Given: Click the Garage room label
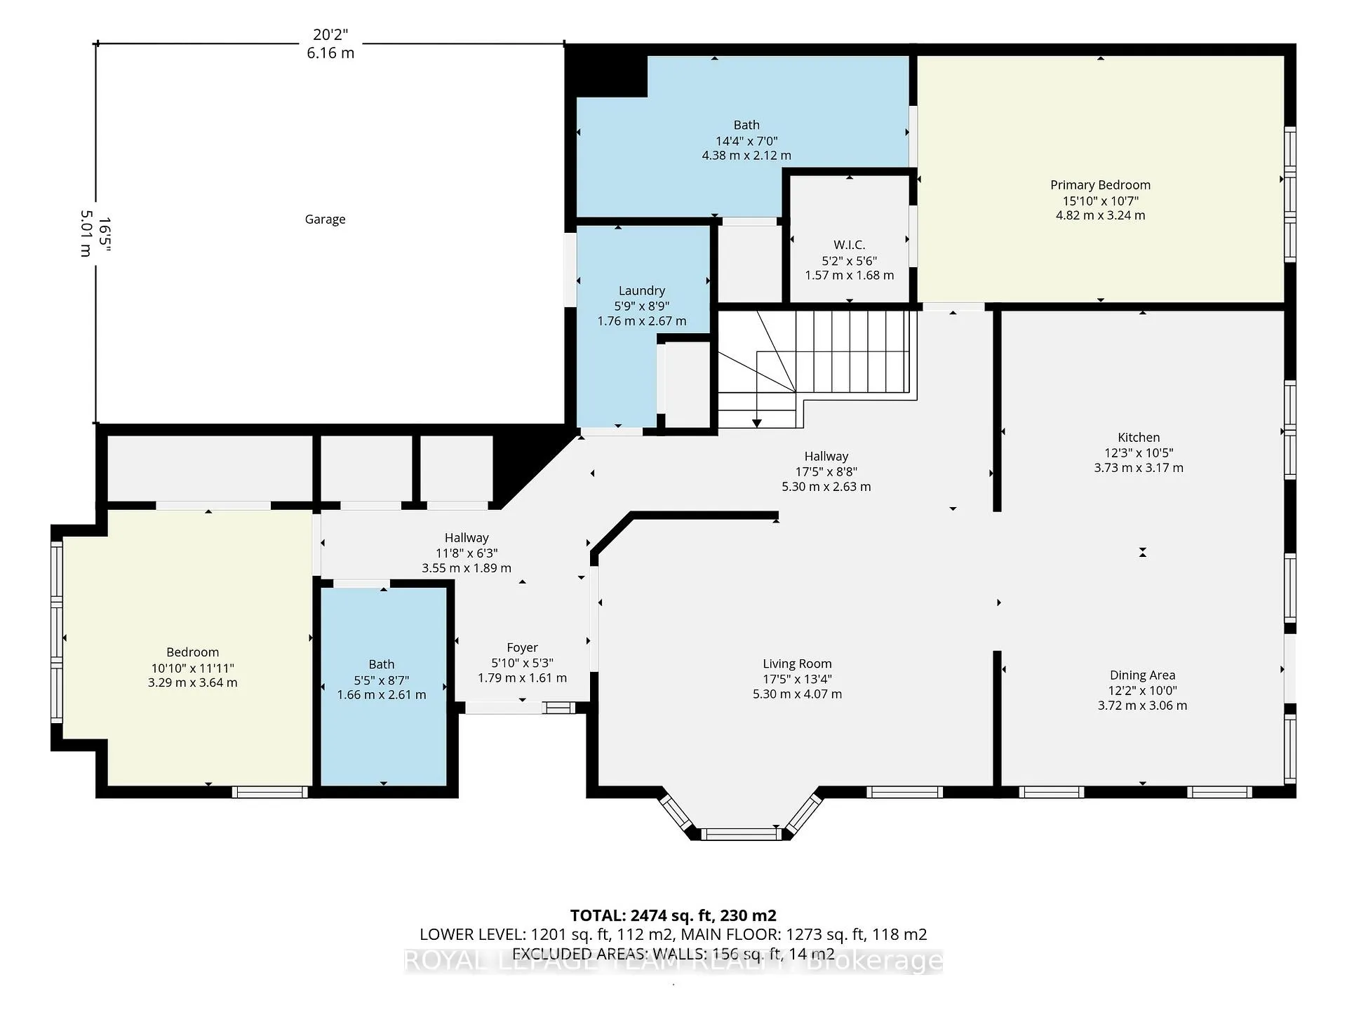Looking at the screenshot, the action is [x=325, y=220].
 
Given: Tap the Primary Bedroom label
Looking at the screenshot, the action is [x=1100, y=185].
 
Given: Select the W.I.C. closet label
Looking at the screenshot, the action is [x=849, y=245].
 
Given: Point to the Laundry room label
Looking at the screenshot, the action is [x=641, y=290].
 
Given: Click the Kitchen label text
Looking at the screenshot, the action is [x=1139, y=437].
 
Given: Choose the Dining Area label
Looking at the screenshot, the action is [x=1142, y=675].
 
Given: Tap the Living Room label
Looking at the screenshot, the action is [x=797, y=664].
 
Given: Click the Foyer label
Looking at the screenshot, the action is [x=522, y=648].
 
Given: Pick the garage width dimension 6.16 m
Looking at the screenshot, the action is [x=330, y=53].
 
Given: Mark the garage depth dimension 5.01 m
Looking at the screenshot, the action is [x=86, y=234].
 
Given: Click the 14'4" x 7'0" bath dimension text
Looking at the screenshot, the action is [x=746, y=140].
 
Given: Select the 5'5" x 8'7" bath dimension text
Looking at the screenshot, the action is [x=382, y=680].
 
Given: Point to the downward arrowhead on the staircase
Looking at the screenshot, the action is [x=757, y=423].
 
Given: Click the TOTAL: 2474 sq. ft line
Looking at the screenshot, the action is [x=673, y=915].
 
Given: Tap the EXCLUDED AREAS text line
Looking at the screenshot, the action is [x=673, y=954].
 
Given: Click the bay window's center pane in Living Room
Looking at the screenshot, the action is [x=740, y=834].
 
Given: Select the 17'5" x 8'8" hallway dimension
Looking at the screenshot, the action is [x=826, y=471].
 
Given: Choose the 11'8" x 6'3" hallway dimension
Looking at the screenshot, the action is [x=467, y=553].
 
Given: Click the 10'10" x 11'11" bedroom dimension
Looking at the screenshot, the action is [x=192, y=668].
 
